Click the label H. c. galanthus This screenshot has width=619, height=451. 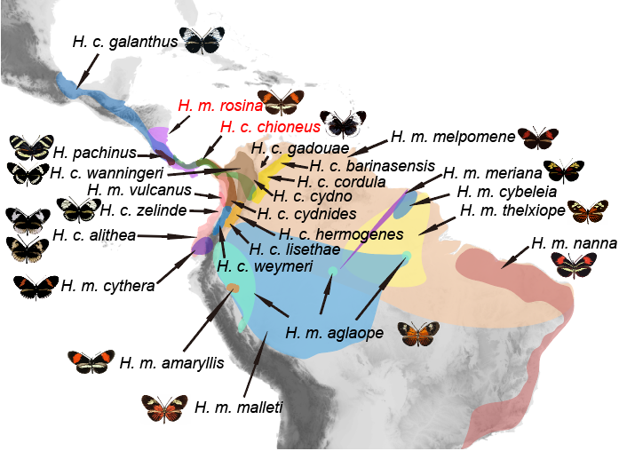124,41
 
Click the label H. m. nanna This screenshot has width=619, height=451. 568,242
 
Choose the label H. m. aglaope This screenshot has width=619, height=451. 335,332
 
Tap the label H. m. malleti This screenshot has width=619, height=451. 238,407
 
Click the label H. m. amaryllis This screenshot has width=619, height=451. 171,362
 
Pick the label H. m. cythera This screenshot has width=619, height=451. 107,285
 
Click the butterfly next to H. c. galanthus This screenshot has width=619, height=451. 202,37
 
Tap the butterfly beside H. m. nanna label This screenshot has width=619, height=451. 573,264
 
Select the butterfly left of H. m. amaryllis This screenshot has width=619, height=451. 91,360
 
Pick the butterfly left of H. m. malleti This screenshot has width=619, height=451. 164,407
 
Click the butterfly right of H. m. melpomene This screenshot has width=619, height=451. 538,137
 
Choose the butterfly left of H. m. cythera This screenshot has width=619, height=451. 36,286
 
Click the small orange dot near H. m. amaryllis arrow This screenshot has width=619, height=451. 234,288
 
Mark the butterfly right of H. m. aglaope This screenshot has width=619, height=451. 418,334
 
